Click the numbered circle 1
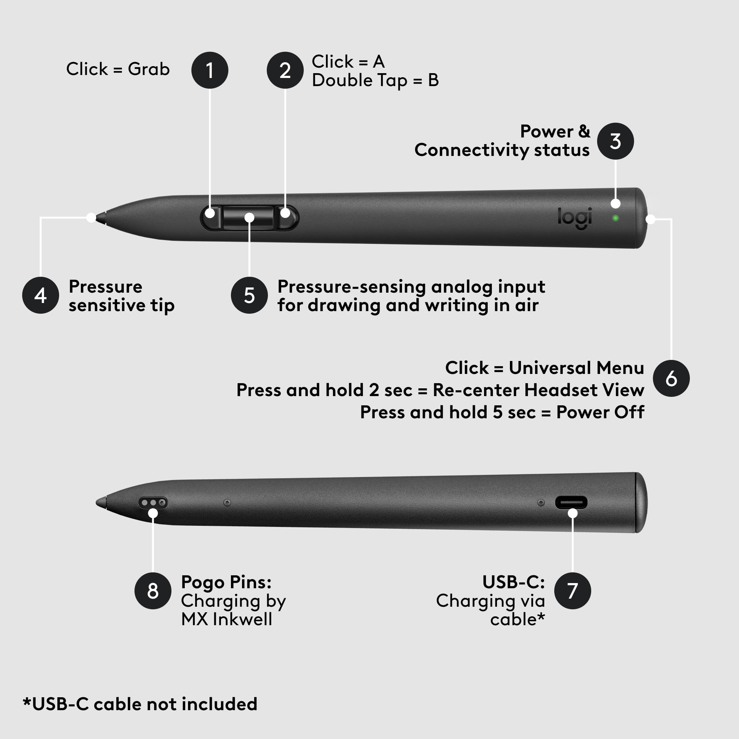point(210,70)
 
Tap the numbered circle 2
point(285,70)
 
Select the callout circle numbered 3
point(615,141)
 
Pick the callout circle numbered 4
point(41,295)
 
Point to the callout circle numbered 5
point(249,295)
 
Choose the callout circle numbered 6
point(671,378)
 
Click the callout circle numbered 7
point(572,591)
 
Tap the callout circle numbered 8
point(153,591)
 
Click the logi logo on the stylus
point(575,218)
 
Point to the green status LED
point(616,218)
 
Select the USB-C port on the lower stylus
point(571,502)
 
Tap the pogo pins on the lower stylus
point(153,502)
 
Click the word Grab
point(149,69)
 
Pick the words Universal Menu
point(576,368)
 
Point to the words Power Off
point(600,412)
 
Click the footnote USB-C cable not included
point(140,704)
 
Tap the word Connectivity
point(471,150)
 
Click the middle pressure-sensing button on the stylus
point(249,217)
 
